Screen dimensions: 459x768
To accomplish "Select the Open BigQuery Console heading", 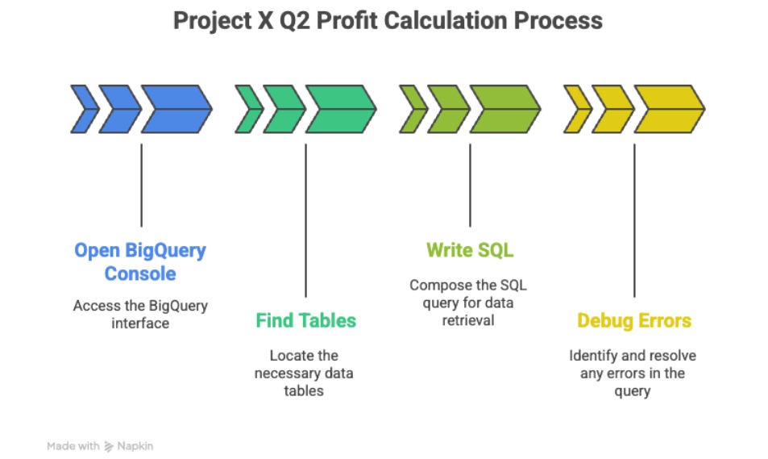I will tap(140, 261).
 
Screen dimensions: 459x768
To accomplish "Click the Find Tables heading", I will tap(305, 320).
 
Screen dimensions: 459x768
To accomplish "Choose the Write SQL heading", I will tap(470, 250).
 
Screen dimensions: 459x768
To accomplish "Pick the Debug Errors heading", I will tap(634, 320).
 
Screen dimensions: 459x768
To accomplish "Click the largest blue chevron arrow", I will tap(176, 109).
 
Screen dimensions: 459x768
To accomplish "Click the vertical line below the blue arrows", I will tap(141, 185).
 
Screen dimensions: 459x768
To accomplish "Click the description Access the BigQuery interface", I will tap(140, 315).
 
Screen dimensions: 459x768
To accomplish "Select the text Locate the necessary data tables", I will tap(305, 373).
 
